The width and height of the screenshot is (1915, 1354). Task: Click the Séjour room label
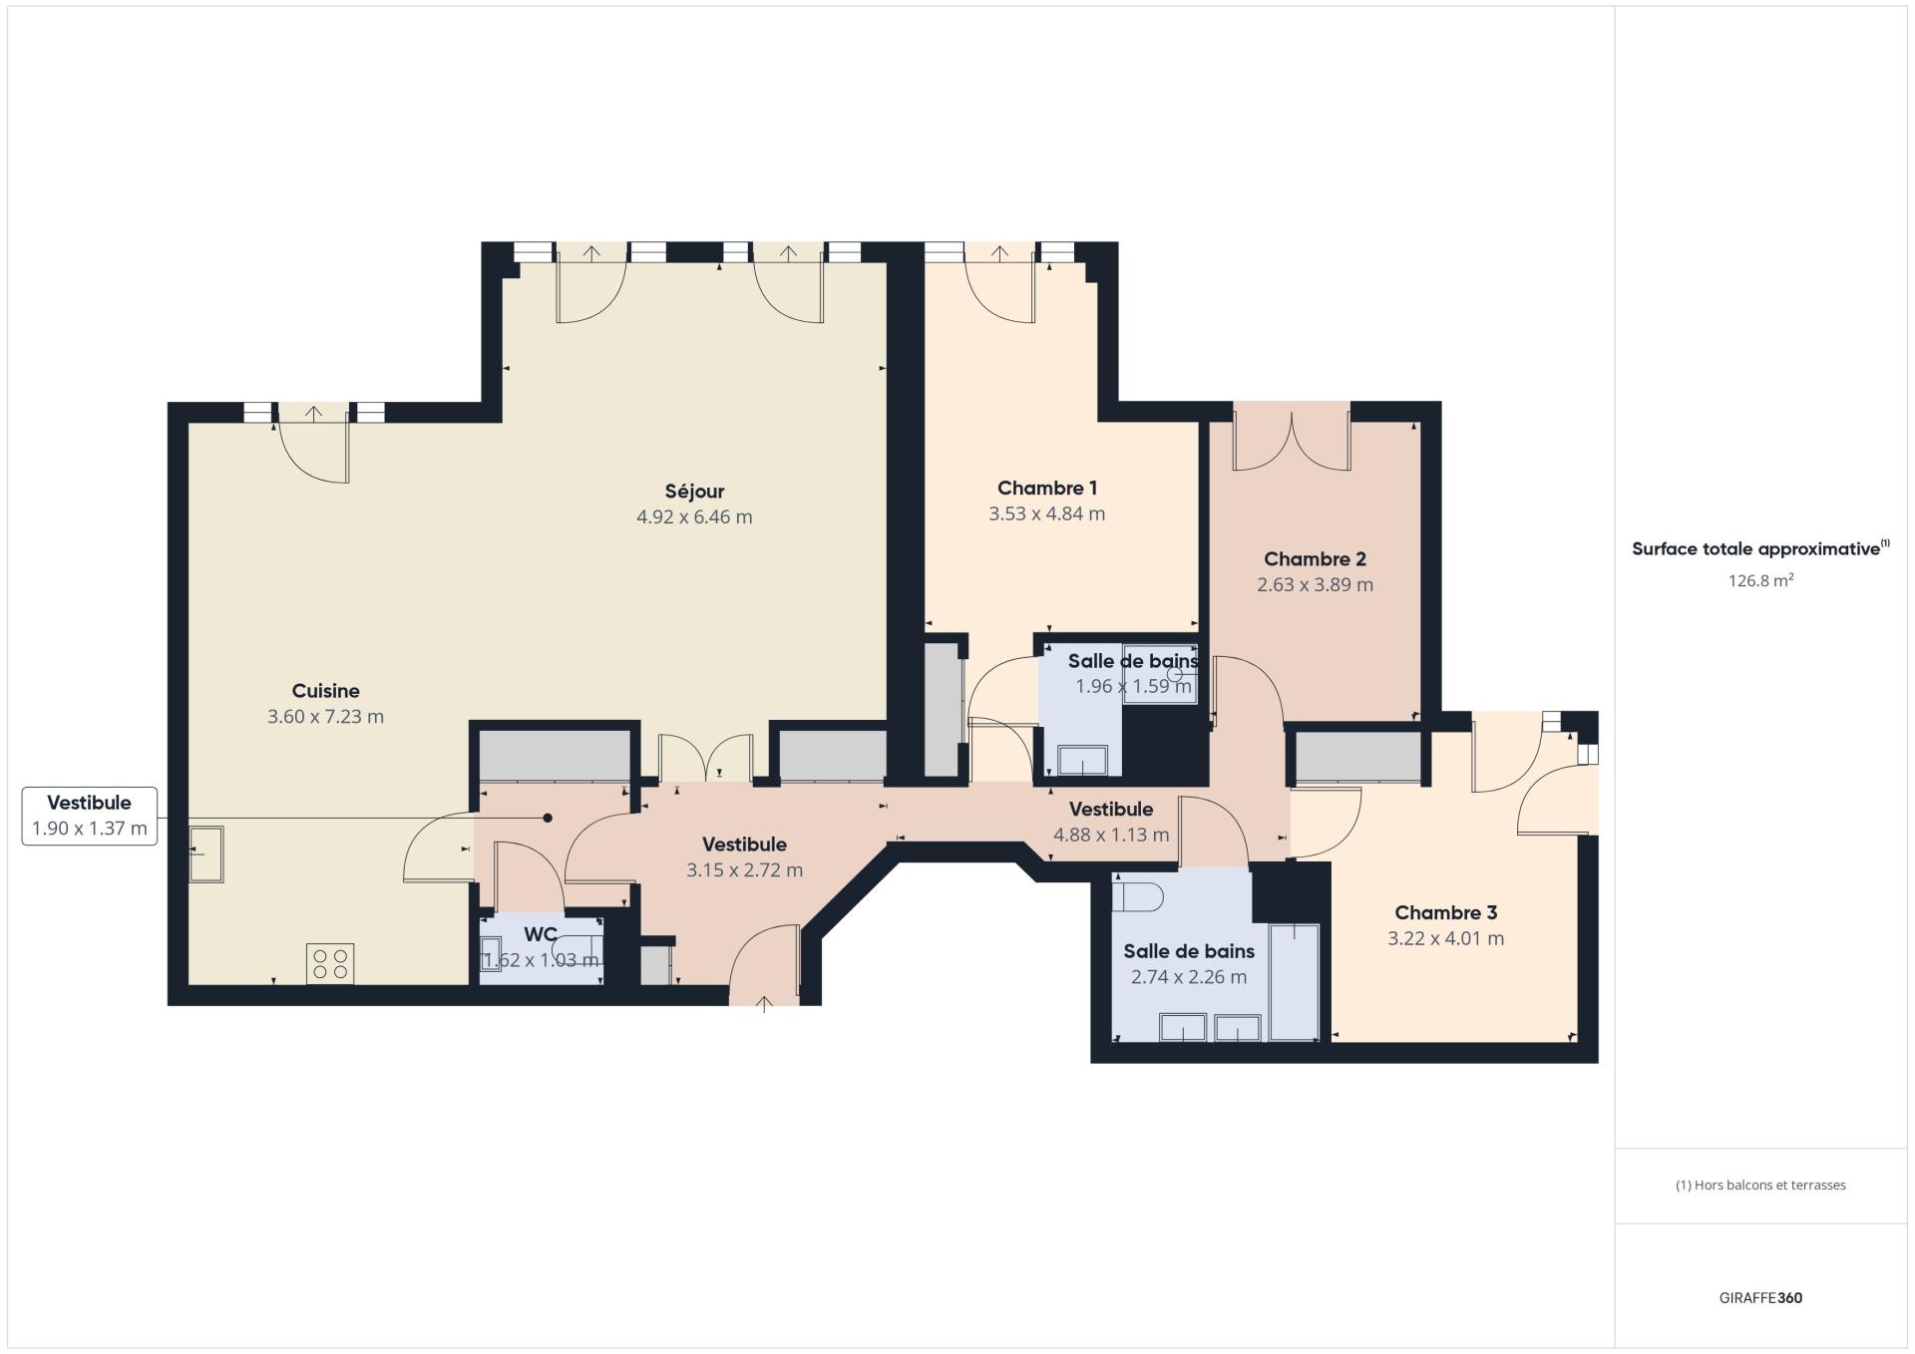tap(694, 491)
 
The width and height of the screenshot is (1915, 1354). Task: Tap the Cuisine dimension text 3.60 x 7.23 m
tap(325, 716)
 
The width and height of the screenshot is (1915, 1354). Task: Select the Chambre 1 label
tap(1047, 488)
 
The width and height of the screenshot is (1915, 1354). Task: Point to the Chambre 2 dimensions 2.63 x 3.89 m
tap(1315, 584)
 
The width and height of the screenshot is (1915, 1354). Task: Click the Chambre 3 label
tap(1445, 912)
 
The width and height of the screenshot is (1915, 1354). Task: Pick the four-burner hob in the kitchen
tap(330, 963)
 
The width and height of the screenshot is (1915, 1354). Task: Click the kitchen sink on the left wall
tap(205, 853)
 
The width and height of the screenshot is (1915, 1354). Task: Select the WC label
tap(541, 934)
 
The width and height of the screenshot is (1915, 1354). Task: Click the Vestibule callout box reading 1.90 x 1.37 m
tap(90, 816)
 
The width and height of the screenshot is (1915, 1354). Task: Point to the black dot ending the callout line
tap(548, 818)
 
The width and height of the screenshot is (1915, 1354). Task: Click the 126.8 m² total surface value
tap(1760, 580)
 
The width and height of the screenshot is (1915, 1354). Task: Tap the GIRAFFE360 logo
tap(1760, 1297)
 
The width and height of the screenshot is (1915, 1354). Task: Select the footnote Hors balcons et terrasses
tap(1760, 1185)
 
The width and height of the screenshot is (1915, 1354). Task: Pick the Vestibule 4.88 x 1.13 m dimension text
tap(1111, 835)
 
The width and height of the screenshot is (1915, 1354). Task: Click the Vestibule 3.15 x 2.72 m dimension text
tap(744, 869)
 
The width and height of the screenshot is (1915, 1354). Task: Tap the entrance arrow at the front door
tap(765, 1004)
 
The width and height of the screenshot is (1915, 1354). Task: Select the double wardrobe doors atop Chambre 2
tap(1292, 439)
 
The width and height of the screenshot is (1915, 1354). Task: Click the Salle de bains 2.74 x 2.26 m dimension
tap(1188, 977)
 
